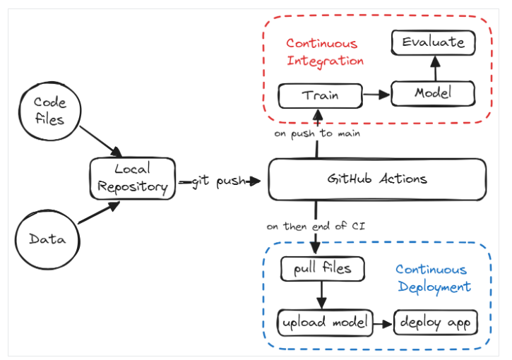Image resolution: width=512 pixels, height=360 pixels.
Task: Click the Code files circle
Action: click(49, 112)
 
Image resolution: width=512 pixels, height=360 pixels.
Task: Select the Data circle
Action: click(47, 239)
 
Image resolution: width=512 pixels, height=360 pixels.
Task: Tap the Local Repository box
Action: click(133, 179)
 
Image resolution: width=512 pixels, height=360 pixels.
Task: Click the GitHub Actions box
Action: click(377, 179)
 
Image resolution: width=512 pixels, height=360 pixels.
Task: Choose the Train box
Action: click(321, 95)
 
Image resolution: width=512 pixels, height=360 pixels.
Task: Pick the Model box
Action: click(433, 93)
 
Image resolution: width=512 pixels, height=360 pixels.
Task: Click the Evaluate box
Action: click(434, 42)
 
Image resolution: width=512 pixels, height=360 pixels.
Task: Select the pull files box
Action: click(322, 269)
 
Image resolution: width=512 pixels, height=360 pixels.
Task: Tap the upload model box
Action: click(325, 323)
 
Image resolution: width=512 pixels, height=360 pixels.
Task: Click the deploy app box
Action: click(436, 323)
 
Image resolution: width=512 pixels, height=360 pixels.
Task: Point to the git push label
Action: click(218, 181)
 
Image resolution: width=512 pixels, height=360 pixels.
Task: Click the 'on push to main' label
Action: click(317, 134)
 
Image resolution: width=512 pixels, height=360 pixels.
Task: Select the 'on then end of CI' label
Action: click(316, 226)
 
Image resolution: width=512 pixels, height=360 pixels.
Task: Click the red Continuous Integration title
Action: click(325, 52)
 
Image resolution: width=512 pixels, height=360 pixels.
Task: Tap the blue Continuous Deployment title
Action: click(434, 278)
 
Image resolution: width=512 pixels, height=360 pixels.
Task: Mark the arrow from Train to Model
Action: click(376, 95)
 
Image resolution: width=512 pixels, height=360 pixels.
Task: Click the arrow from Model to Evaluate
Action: click(435, 68)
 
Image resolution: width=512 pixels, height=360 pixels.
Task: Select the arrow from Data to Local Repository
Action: click(99, 212)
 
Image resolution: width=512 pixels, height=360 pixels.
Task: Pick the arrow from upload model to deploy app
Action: click(383, 324)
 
